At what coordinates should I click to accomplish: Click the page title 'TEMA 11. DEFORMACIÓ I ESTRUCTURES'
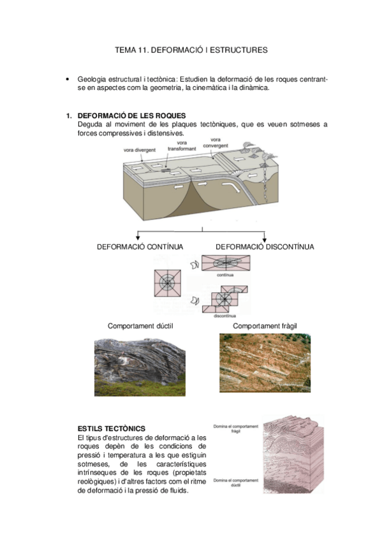[x=191, y=49]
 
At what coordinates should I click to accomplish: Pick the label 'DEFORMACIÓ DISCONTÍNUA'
[x=264, y=246]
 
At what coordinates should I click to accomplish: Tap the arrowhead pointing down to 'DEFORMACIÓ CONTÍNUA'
[x=138, y=237]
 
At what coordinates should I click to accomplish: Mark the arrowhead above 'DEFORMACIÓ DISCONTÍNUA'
[x=264, y=237]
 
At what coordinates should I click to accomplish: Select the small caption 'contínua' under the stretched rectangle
[x=226, y=275]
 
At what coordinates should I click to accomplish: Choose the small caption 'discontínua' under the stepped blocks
[x=226, y=316]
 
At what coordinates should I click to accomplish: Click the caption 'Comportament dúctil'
[x=140, y=326]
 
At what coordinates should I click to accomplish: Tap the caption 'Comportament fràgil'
[x=265, y=326]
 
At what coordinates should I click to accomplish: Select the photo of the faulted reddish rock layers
[x=265, y=362]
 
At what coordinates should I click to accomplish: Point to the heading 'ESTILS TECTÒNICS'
[x=111, y=428]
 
